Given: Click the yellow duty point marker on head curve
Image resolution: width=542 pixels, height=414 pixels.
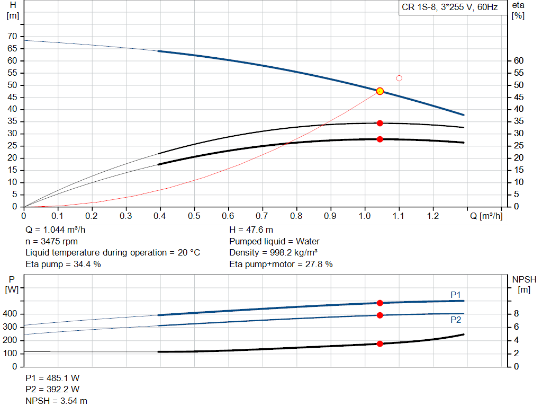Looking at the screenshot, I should (x=380, y=91).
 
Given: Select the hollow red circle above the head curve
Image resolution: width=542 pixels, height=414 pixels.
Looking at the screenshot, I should (x=399, y=78).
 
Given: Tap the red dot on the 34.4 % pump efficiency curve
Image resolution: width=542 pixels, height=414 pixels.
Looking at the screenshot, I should (x=380, y=123).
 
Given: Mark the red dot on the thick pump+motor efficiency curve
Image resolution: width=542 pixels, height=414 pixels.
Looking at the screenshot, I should (x=380, y=139).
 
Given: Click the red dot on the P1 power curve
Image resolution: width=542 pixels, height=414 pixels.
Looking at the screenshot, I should (x=380, y=303).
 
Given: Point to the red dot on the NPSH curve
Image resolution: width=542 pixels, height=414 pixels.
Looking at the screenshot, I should (x=380, y=343).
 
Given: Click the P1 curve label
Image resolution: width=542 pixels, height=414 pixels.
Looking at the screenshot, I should (x=456, y=295).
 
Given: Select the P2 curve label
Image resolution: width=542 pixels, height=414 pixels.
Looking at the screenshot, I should (x=456, y=320).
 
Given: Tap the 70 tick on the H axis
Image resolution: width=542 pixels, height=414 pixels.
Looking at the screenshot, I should (x=12, y=37).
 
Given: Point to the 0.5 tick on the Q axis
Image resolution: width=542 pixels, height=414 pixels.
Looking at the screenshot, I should (x=194, y=216).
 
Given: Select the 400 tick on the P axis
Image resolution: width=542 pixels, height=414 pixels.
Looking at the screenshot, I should (x=11, y=314).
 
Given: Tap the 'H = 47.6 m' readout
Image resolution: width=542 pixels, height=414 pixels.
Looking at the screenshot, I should (x=251, y=230).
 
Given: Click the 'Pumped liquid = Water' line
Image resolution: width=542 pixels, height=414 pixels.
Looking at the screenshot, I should (x=274, y=241).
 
